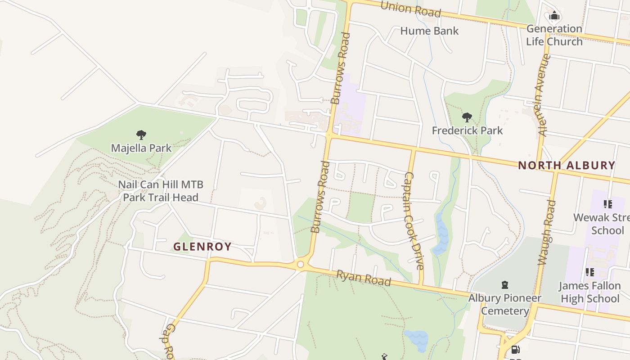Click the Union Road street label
pos(410,9)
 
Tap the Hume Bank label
pos(429,31)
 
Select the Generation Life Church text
pos(554,35)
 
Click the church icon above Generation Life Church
pos(554,17)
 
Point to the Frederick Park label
pos(467,130)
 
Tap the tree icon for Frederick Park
pos(467,118)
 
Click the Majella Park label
pos(141,148)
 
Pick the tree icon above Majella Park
pos(141,135)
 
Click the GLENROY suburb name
pos(202,247)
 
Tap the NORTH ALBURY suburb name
pos(566,165)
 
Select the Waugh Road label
pos(546,233)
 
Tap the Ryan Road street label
pos(364,278)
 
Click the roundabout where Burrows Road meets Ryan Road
pos(301,265)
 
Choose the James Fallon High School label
pos(589,292)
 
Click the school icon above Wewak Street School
pos(608,204)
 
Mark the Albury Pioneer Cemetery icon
pos(505,284)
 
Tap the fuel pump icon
pos(516,350)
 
